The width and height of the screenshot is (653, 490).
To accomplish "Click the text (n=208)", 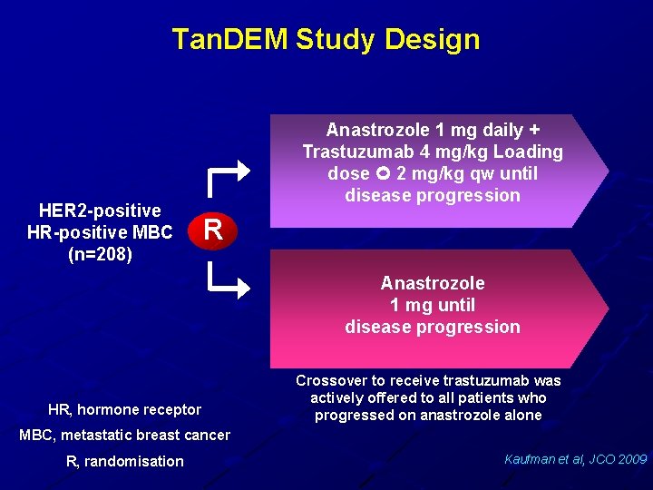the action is (100, 255).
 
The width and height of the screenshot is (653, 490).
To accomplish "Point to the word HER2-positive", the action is (100, 211).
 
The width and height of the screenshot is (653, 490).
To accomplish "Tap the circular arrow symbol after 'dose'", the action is (384, 173).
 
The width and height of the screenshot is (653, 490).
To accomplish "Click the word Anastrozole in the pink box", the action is (433, 283).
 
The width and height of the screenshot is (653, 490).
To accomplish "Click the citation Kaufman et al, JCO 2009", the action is (575, 460).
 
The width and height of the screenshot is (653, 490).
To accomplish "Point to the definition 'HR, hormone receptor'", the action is (125, 410).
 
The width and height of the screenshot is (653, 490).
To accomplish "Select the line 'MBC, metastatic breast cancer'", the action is (125, 436).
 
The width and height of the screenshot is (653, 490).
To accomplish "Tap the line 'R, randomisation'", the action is (125, 462).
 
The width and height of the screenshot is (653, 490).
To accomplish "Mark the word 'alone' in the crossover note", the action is (521, 416).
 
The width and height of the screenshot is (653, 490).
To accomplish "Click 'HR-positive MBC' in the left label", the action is (100, 233).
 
